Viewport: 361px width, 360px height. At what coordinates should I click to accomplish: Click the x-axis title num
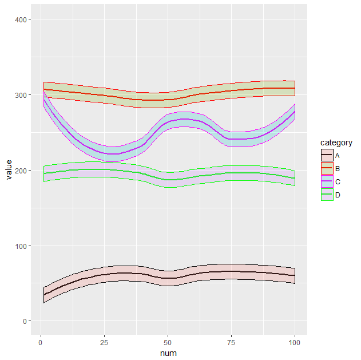click(x=168, y=353)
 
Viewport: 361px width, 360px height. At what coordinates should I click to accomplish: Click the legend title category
click(x=336, y=143)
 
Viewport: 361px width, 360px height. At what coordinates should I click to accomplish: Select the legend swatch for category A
click(x=326, y=155)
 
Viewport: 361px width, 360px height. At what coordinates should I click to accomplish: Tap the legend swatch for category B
click(x=326, y=168)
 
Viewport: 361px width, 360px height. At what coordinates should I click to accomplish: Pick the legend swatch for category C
click(x=326, y=181)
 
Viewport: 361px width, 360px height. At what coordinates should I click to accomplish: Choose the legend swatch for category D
click(x=326, y=195)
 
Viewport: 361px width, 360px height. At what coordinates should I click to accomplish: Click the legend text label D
click(x=338, y=195)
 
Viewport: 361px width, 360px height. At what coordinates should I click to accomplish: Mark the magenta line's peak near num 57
click(x=185, y=120)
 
